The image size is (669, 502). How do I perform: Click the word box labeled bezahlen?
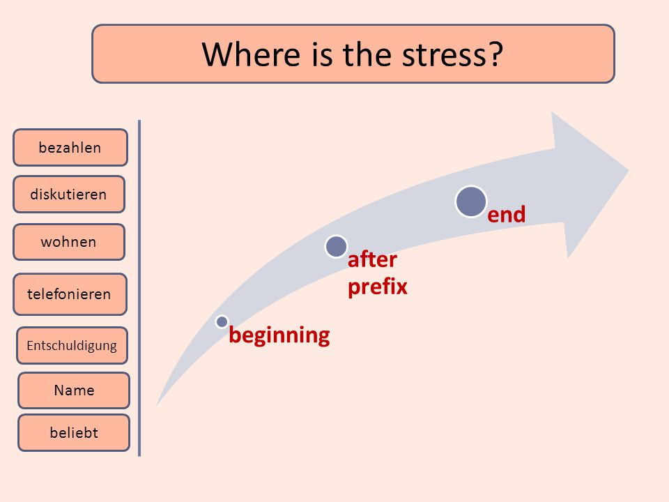[70, 147]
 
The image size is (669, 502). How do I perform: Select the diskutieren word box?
[69, 195]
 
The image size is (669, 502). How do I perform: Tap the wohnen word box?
[69, 242]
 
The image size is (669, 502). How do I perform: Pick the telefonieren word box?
[70, 294]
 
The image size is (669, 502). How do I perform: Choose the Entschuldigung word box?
[72, 345]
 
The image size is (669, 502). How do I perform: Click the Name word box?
[74, 390]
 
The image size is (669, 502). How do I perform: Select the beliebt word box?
[74, 432]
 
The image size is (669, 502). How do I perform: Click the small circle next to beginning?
[222, 321]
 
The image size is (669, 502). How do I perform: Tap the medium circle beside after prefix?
[336, 246]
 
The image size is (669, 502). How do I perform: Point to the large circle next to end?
[471, 201]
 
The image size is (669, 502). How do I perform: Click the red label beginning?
[279, 335]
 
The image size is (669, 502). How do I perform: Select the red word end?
[507, 214]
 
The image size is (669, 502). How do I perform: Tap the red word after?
[372, 259]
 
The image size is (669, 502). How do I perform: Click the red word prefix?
[378, 287]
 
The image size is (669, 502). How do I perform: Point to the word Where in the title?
[252, 54]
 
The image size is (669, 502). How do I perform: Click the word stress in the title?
[445, 55]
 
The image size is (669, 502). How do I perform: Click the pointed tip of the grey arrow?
[629, 170]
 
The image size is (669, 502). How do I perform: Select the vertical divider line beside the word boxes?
[139, 288]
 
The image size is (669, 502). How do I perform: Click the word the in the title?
[367, 54]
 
